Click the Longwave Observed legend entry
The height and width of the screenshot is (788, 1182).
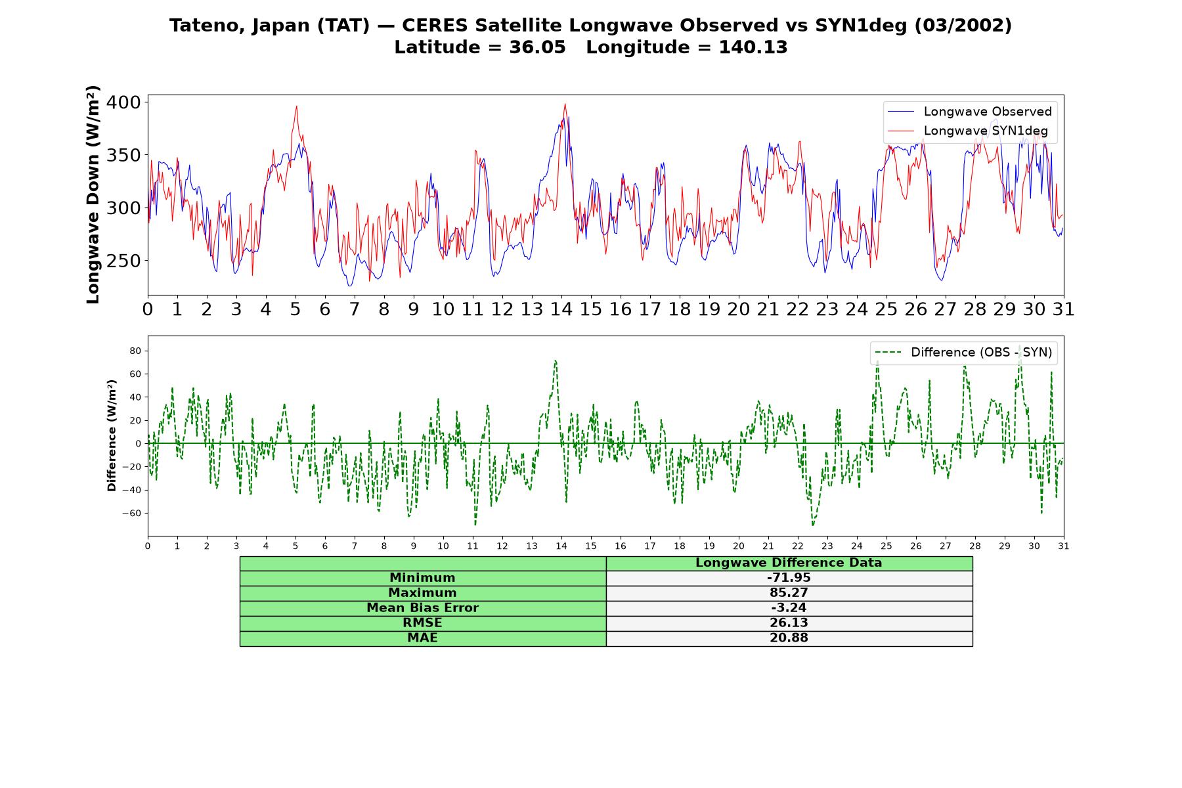click(x=970, y=112)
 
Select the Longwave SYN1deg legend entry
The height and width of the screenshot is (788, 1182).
click(x=968, y=131)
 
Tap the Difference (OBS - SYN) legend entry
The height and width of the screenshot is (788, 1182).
click(x=963, y=353)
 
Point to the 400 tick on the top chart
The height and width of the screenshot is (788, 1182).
click(x=123, y=102)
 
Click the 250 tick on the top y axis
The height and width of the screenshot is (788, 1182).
click(x=123, y=261)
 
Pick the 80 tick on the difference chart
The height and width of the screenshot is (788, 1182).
click(x=135, y=351)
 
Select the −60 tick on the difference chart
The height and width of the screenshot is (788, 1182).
click(x=132, y=513)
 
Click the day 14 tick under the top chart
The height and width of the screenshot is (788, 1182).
click(x=561, y=309)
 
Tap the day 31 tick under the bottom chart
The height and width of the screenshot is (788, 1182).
click(x=1064, y=546)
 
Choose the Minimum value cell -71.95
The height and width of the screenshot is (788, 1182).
click(x=789, y=578)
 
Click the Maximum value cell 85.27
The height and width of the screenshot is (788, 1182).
click(x=789, y=593)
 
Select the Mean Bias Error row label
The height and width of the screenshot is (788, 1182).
click(x=422, y=608)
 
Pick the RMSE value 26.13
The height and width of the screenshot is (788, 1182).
click(x=789, y=623)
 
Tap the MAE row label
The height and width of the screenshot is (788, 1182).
click(x=422, y=638)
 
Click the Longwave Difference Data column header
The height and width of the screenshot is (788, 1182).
click(x=789, y=563)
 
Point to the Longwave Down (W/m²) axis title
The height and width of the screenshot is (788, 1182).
click(x=93, y=194)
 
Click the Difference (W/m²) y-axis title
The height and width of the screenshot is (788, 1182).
click(x=112, y=435)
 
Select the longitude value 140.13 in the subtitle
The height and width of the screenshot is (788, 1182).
click(x=753, y=47)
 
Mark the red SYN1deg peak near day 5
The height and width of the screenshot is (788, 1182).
click(x=297, y=106)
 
